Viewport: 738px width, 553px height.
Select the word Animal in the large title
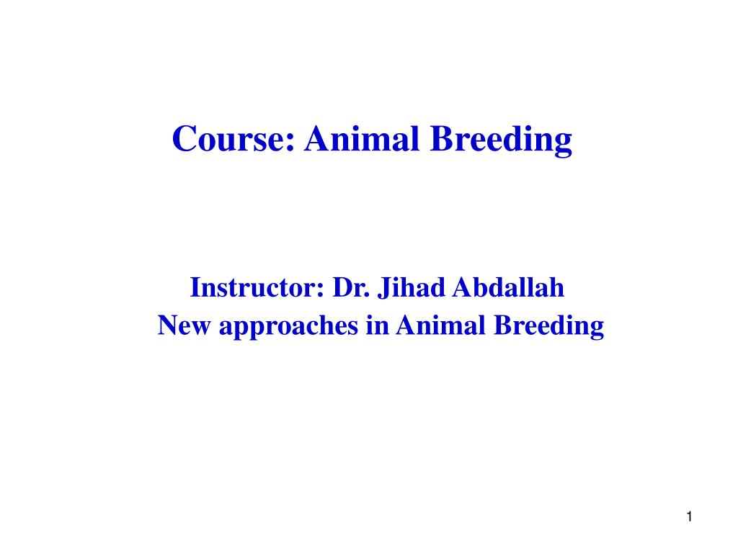363,138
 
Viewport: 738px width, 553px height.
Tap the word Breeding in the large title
502,140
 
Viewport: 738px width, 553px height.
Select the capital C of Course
184,138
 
